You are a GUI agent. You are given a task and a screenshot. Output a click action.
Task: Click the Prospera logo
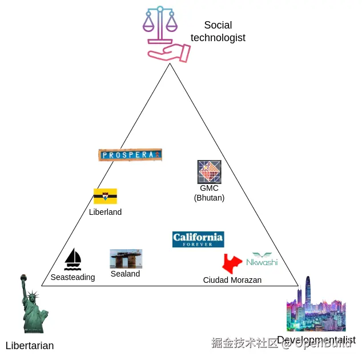(x=130, y=155)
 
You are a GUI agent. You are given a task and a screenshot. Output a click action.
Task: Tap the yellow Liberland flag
(x=105, y=197)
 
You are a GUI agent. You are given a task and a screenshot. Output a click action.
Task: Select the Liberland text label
(x=105, y=212)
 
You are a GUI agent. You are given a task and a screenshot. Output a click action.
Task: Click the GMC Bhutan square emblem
(x=209, y=171)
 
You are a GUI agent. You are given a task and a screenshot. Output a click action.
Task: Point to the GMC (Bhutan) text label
(x=209, y=193)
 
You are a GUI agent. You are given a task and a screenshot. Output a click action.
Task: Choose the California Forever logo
(x=198, y=239)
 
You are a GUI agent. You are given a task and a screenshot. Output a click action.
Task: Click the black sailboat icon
(x=73, y=259)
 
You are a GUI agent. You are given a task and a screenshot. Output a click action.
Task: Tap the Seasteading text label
(x=73, y=278)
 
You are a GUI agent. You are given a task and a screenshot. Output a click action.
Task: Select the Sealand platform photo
(x=126, y=259)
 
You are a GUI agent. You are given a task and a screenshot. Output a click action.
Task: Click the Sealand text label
(x=126, y=274)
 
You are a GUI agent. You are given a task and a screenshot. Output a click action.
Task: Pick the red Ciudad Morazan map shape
(x=232, y=263)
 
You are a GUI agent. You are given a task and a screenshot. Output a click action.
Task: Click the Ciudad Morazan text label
(x=232, y=280)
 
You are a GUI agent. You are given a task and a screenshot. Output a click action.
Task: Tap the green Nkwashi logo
(x=262, y=259)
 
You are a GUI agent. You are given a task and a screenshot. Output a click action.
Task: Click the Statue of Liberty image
(x=33, y=306)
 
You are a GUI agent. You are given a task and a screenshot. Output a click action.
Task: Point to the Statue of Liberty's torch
(x=23, y=279)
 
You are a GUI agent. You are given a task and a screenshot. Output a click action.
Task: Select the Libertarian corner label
(x=30, y=346)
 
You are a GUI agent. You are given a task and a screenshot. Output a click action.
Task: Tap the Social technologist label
(x=218, y=31)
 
